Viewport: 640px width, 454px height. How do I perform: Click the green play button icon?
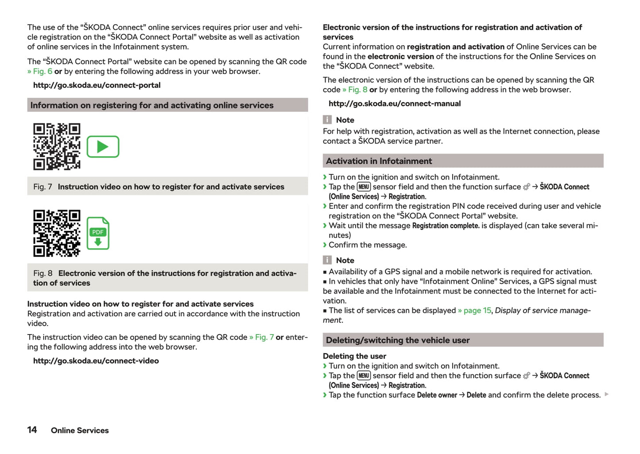[103, 146]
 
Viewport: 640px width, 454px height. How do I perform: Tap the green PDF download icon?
[98, 233]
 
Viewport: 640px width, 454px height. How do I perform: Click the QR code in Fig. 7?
[57, 146]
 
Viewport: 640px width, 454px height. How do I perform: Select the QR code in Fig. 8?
[57, 233]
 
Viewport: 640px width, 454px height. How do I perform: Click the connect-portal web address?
[97, 85]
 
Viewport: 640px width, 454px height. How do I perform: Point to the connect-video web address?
[96, 361]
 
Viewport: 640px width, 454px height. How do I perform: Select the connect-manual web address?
[394, 104]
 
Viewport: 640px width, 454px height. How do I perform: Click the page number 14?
[32, 430]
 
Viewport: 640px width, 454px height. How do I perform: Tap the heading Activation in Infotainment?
[379, 161]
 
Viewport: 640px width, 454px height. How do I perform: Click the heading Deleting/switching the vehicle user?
[397, 340]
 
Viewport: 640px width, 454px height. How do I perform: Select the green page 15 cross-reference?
[474, 310]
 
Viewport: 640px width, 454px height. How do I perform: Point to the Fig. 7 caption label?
[43, 187]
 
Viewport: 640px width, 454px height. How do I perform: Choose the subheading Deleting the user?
[354, 356]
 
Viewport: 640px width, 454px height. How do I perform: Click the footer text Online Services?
[80, 430]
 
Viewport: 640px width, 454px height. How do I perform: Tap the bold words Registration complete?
[446, 226]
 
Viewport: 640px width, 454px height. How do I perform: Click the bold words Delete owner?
[437, 395]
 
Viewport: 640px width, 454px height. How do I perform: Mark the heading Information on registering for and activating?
[151, 105]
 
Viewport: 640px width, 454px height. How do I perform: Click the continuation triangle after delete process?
[606, 394]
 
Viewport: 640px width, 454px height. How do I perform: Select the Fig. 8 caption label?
[43, 273]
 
